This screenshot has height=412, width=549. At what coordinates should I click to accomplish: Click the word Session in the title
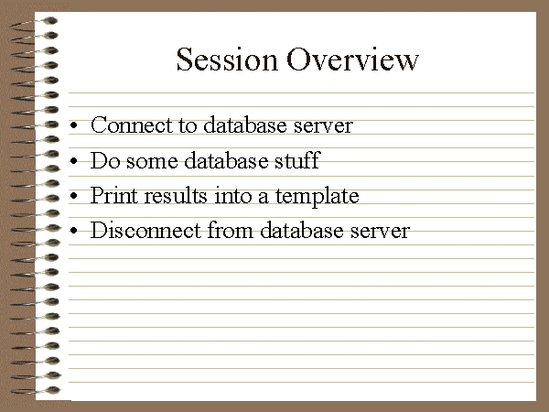(227, 60)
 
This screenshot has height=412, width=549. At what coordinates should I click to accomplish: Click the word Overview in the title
(352, 60)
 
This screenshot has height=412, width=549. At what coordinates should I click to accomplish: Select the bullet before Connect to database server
(73, 125)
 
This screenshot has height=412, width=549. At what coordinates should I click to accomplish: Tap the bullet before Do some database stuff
(73, 161)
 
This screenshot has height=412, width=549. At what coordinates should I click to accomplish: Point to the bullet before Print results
(73, 196)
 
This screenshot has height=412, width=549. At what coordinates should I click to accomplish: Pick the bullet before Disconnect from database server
(73, 231)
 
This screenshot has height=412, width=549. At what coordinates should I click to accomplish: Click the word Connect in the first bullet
(132, 125)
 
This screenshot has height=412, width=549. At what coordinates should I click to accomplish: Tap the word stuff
(297, 160)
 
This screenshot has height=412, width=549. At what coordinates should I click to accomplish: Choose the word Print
(113, 195)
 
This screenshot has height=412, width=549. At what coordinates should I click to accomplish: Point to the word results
(176, 195)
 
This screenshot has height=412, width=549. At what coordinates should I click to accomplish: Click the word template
(318, 197)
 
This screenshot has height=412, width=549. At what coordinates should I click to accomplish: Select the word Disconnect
(146, 230)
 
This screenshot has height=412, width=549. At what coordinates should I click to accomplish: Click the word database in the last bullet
(302, 230)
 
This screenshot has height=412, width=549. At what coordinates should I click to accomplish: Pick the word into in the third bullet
(232, 195)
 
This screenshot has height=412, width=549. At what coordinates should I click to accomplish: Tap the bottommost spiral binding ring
(35, 390)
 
